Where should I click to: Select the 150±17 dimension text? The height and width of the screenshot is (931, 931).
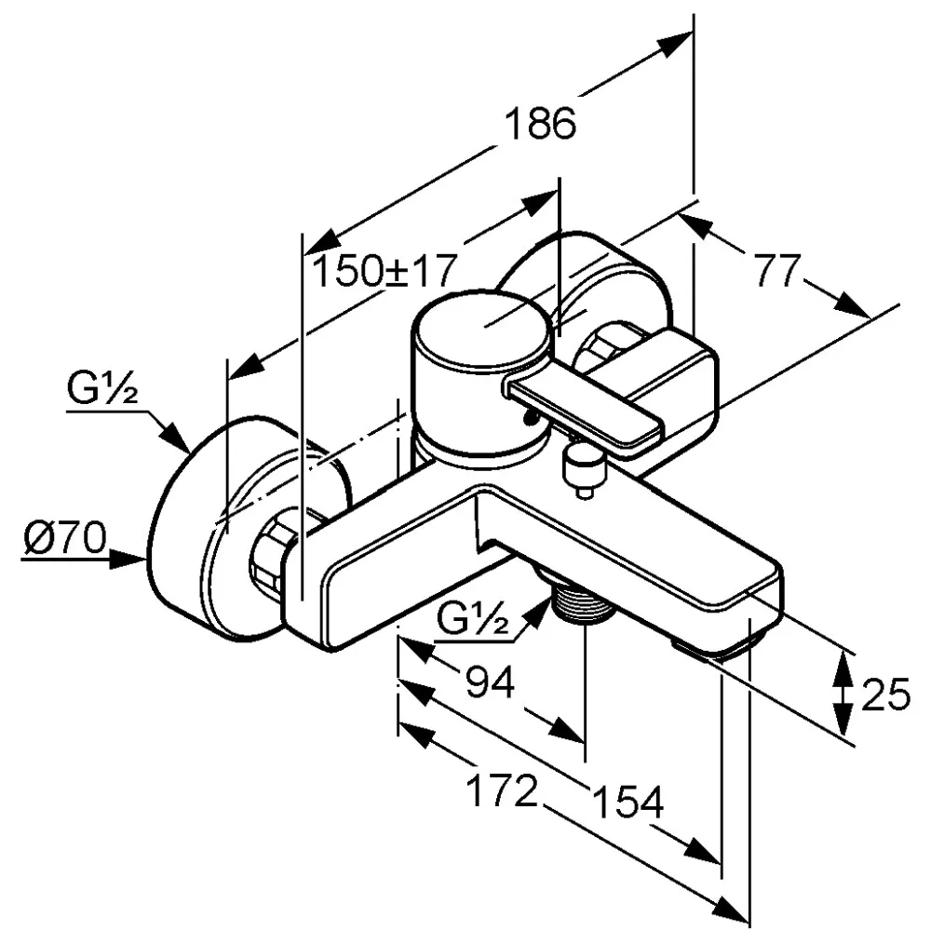(x=384, y=272)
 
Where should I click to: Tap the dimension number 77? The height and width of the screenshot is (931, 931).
(x=776, y=273)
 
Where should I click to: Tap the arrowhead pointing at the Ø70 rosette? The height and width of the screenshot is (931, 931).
(x=135, y=560)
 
